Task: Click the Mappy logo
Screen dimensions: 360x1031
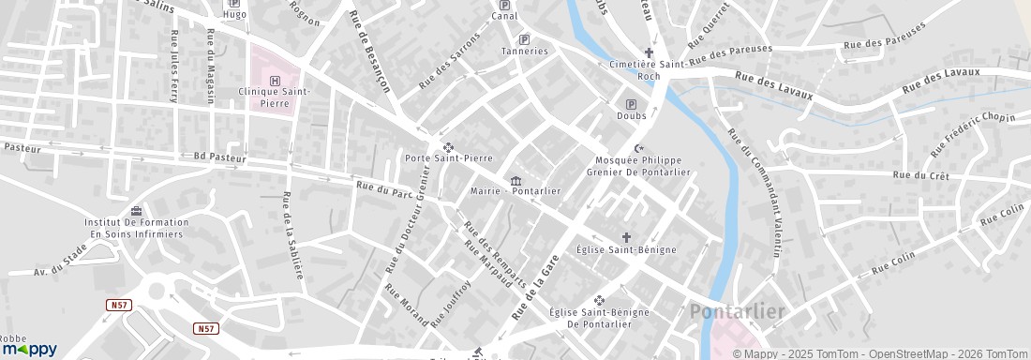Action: point(29,348)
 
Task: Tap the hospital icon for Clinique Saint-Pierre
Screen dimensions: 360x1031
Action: point(276,81)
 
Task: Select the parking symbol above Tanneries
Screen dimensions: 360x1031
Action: point(524,39)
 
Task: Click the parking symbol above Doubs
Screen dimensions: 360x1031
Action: point(631,104)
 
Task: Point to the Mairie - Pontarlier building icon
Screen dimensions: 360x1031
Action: point(515,180)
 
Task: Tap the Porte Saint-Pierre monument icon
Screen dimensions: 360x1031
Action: point(448,146)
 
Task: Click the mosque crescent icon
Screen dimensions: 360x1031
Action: point(639,148)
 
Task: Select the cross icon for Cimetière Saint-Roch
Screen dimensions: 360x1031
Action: point(649,52)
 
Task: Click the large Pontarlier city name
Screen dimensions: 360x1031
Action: point(737,311)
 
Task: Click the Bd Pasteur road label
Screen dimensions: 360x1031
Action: point(219,158)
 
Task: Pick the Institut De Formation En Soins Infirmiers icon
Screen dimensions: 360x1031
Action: point(137,211)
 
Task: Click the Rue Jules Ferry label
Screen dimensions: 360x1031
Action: point(174,66)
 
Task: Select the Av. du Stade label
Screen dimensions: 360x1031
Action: point(61,263)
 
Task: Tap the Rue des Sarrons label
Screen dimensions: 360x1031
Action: point(449,61)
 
